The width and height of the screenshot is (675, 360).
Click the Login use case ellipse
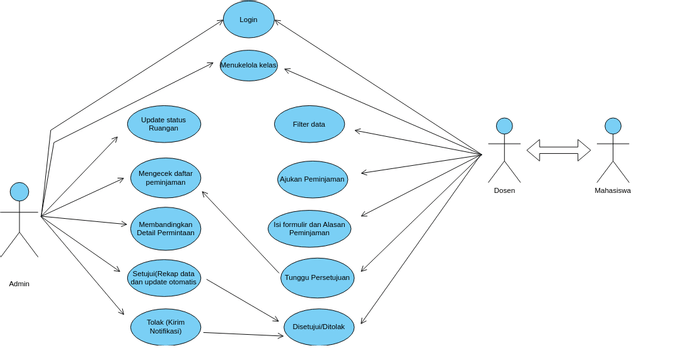click(x=248, y=20)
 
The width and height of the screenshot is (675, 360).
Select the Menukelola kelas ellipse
click(x=248, y=65)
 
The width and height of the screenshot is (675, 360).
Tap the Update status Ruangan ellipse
click(x=164, y=124)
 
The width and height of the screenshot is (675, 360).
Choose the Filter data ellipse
click(x=309, y=124)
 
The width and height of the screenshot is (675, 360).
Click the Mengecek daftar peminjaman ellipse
click(x=165, y=178)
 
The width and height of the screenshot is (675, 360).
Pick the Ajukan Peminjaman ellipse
click(x=312, y=179)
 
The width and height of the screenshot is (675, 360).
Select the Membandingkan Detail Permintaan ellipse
click(x=165, y=228)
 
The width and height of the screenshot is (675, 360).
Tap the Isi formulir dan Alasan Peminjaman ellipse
click(x=309, y=228)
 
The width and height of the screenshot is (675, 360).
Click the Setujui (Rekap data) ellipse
click(x=164, y=278)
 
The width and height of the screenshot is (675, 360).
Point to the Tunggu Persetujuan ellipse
click(x=317, y=278)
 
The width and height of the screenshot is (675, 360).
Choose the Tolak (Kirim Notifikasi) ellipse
click(x=165, y=327)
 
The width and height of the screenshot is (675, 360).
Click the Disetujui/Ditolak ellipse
click(x=319, y=327)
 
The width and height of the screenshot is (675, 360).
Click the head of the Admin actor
click(x=19, y=191)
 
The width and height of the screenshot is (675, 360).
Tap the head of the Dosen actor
click(x=504, y=126)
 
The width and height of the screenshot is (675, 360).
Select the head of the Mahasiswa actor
click(x=613, y=126)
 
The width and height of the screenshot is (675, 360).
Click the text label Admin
click(x=19, y=284)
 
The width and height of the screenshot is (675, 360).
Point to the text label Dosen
click(x=504, y=190)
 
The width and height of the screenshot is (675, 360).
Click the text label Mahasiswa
click(x=612, y=190)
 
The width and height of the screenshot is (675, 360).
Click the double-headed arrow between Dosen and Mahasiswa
click(x=558, y=150)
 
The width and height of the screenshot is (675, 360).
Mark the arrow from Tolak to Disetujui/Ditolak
click(x=243, y=334)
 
